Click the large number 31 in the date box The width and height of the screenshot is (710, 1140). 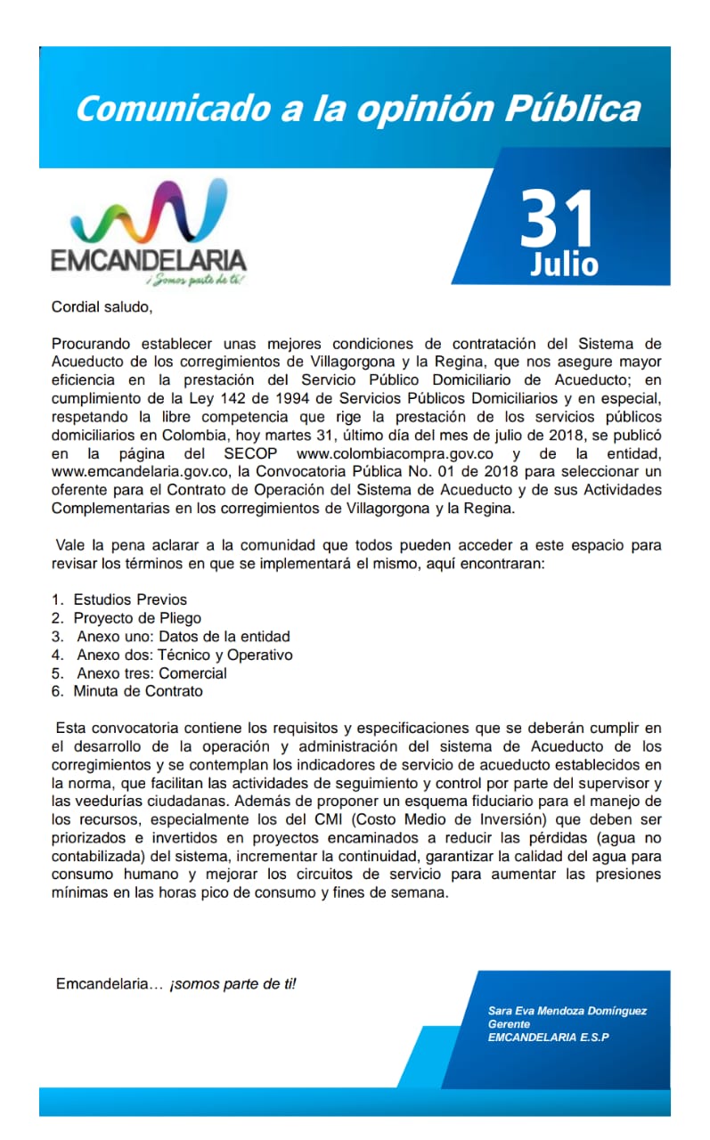coord(557,219)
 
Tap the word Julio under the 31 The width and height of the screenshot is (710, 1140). coord(564,264)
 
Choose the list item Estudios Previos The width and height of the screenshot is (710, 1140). coord(130,599)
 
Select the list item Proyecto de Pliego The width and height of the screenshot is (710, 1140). coord(137,618)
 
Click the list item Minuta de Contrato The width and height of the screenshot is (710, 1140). coord(138,691)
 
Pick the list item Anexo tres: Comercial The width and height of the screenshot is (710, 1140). coord(151,673)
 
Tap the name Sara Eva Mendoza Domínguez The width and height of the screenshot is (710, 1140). coord(567,1011)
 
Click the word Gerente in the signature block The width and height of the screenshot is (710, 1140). coord(509,1024)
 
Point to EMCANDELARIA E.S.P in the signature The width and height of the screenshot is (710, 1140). coord(549,1038)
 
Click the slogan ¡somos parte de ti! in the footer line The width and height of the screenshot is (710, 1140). coord(233,984)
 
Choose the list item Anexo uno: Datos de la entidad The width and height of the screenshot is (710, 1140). coord(184,637)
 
